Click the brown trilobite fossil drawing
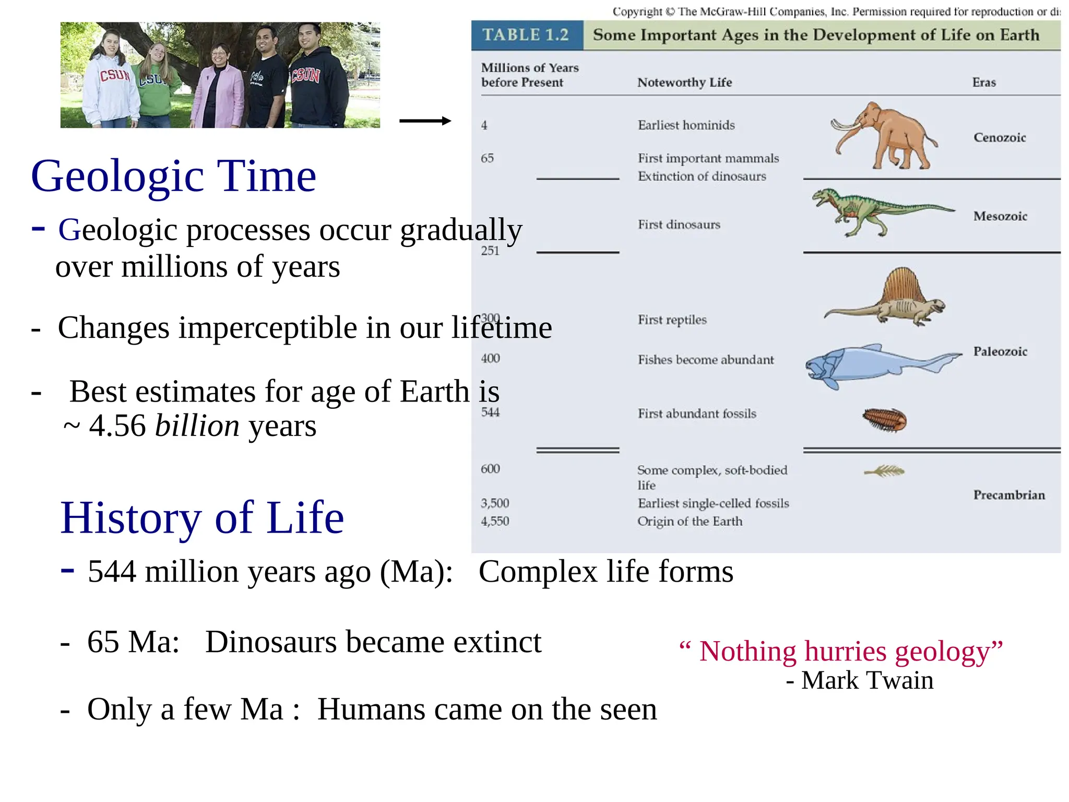[x=884, y=420]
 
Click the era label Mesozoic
[x=1000, y=216]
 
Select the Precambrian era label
[x=1008, y=495]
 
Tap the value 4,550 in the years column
[x=494, y=521]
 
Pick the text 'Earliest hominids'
[x=686, y=125]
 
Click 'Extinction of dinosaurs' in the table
[x=702, y=176]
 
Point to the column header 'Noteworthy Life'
[x=684, y=82]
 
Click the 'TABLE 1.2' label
[x=526, y=35]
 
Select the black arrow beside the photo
[x=424, y=121]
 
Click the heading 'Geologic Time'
[x=173, y=176]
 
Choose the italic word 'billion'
[x=197, y=426]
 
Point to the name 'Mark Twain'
[x=867, y=680]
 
